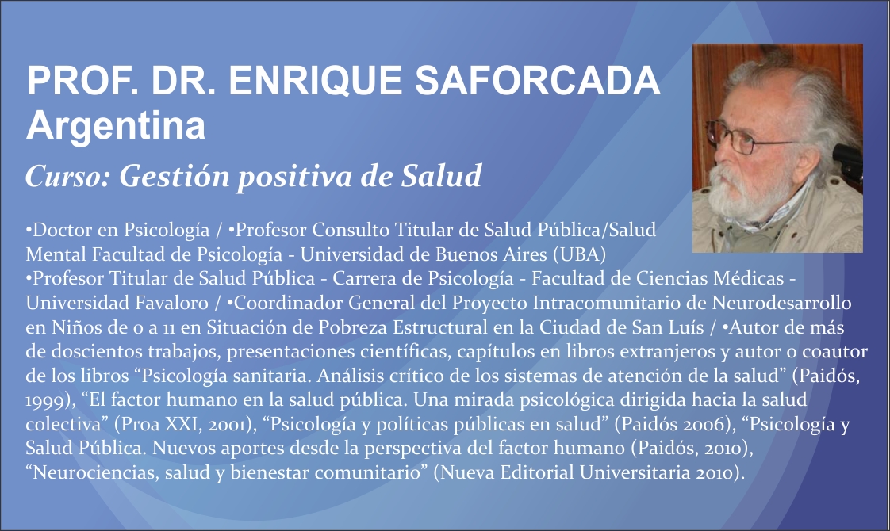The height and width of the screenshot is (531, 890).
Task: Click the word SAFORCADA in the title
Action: click(538, 81)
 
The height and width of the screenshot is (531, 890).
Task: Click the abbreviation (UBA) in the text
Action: click(580, 254)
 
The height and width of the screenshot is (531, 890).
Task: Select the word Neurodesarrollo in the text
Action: click(781, 303)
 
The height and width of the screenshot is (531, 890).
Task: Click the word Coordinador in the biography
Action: click(286, 303)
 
